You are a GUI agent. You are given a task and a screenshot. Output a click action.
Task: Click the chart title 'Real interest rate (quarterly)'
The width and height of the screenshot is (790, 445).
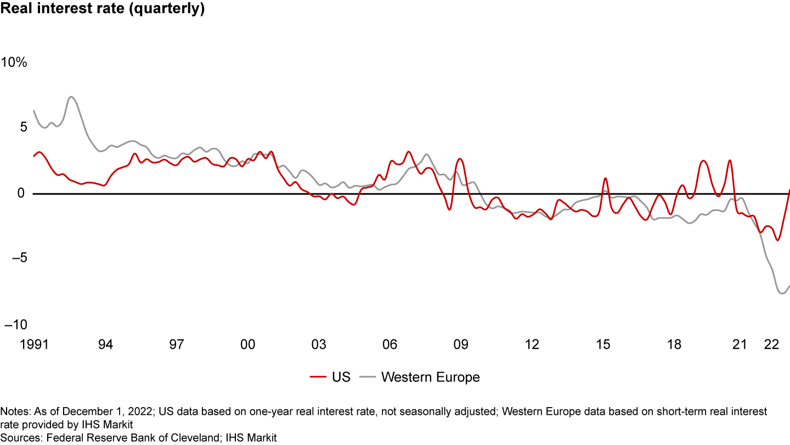(x=103, y=9)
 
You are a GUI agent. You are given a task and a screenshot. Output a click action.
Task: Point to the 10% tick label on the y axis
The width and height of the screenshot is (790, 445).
(x=14, y=63)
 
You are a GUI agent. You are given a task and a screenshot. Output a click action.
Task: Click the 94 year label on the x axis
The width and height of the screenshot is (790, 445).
(x=105, y=345)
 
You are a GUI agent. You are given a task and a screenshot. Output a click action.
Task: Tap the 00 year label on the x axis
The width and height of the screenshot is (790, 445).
(x=247, y=345)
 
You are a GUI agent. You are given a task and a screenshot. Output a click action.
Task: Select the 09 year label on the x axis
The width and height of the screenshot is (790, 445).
(x=460, y=345)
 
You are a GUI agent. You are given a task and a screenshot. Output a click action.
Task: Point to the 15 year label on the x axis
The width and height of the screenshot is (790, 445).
(x=602, y=345)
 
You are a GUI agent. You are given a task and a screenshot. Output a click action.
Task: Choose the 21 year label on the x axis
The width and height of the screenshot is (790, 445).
(x=740, y=345)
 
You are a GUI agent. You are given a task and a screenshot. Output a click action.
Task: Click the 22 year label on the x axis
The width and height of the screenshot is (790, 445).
(x=772, y=345)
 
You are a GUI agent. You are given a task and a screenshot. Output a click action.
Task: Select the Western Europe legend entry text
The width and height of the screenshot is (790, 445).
(x=430, y=377)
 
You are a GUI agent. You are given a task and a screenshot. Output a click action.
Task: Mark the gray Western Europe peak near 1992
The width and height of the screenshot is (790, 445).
(x=71, y=97)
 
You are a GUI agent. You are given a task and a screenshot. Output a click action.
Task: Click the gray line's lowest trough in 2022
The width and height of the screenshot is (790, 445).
(x=782, y=293)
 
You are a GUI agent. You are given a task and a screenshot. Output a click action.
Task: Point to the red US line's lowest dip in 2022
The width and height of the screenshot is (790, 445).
(x=777, y=240)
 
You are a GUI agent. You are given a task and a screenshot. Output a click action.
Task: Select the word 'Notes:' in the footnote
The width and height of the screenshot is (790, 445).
(x=15, y=411)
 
